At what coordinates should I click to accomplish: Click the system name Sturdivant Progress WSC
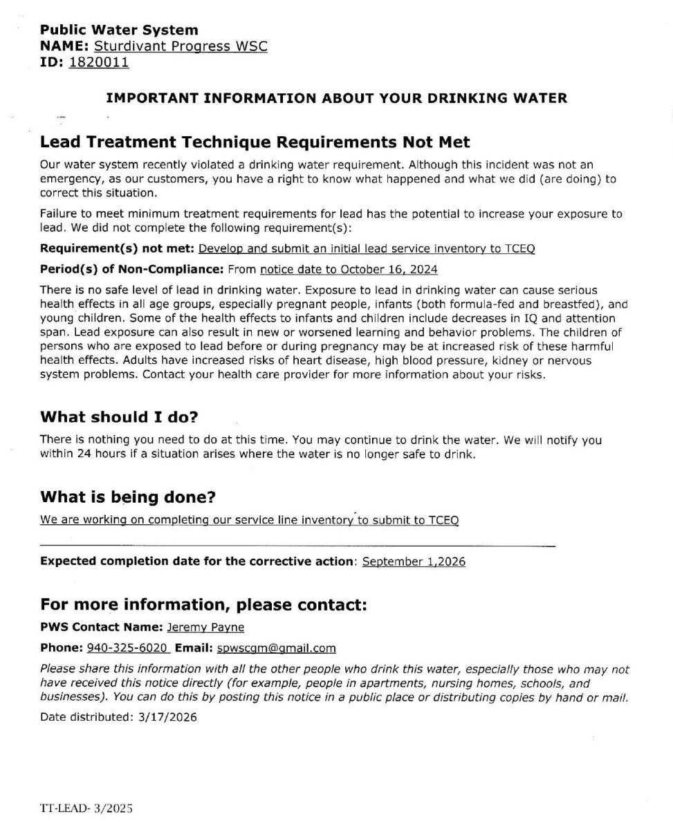click(180, 46)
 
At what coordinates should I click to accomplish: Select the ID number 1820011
click(99, 62)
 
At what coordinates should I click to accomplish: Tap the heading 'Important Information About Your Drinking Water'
click(336, 98)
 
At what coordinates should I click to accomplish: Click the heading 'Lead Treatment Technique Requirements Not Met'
click(255, 142)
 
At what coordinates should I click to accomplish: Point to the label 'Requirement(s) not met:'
click(117, 248)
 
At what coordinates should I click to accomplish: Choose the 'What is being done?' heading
click(127, 497)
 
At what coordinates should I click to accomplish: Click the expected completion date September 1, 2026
click(413, 562)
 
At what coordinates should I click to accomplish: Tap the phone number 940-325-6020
click(127, 648)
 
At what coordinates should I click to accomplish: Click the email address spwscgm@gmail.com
click(276, 648)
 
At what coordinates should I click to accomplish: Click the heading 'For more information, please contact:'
click(202, 605)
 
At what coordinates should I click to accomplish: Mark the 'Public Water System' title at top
click(119, 30)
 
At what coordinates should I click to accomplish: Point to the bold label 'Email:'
click(194, 648)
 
